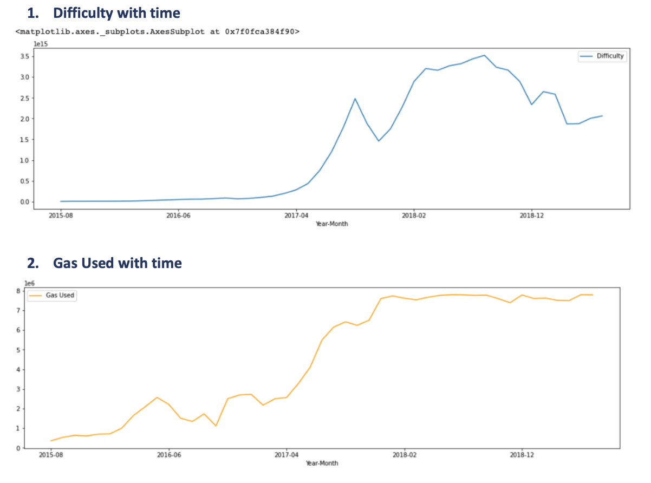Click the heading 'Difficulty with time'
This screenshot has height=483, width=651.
(x=116, y=12)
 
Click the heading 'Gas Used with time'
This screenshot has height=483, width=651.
(x=117, y=263)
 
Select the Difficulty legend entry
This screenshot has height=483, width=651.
(x=610, y=56)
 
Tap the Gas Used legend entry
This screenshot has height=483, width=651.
(x=60, y=295)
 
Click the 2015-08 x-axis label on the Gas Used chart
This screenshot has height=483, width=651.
(x=51, y=455)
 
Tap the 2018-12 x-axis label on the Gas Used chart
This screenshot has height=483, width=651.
(x=522, y=455)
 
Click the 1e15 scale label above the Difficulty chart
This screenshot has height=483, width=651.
(x=41, y=44)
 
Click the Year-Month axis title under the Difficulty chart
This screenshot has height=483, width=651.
(x=331, y=224)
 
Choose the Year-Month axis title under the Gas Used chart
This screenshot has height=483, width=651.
(x=322, y=463)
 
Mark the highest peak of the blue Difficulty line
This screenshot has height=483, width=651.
(x=484, y=55)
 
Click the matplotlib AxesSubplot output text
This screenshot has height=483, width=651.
(x=158, y=31)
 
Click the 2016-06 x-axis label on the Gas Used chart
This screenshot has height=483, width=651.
(x=169, y=455)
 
